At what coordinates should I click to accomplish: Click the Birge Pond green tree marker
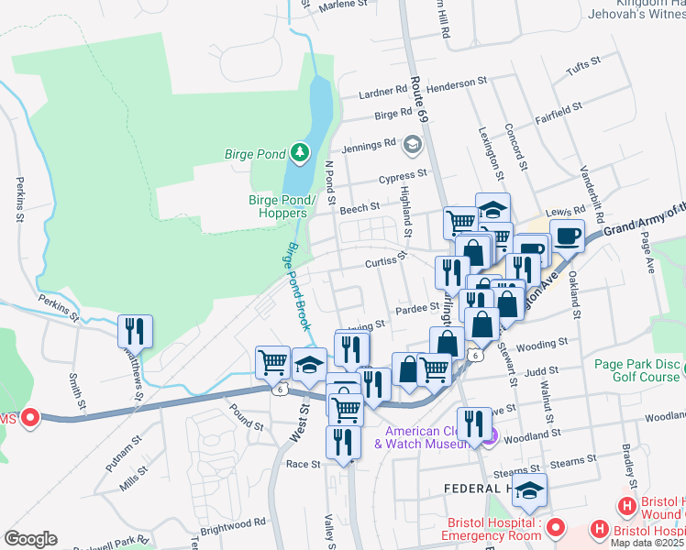click(x=299, y=152)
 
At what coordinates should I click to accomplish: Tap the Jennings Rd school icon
click(x=413, y=144)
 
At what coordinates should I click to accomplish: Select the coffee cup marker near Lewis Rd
click(x=567, y=236)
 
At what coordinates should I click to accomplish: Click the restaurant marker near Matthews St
click(x=136, y=331)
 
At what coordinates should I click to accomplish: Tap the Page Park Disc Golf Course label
click(x=637, y=370)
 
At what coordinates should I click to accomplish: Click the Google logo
click(x=30, y=538)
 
